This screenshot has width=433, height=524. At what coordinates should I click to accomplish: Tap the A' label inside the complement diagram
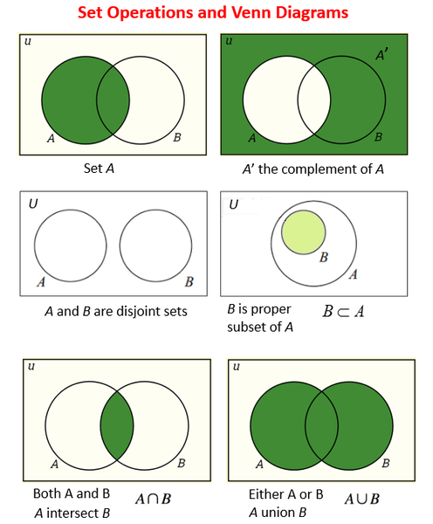click(x=381, y=54)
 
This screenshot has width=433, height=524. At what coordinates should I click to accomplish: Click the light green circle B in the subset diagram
click(x=304, y=232)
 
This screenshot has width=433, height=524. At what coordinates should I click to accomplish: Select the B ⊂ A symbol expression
click(x=343, y=312)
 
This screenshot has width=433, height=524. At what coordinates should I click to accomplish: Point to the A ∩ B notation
click(x=154, y=499)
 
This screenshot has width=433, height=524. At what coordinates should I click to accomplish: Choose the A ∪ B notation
click(x=361, y=499)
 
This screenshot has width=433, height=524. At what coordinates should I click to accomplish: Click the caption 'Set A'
click(x=99, y=169)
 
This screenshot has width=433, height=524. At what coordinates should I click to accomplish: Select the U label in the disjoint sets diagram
click(x=33, y=203)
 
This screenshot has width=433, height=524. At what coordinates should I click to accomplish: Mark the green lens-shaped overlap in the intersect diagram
click(x=117, y=426)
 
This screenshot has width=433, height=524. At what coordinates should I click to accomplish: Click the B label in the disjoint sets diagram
click(x=189, y=282)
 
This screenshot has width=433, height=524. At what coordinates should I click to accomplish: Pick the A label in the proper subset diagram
click(x=354, y=274)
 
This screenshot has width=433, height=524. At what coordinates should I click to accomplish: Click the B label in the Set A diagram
click(x=177, y=137)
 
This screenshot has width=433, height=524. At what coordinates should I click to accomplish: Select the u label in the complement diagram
click(x=229, y=41)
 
